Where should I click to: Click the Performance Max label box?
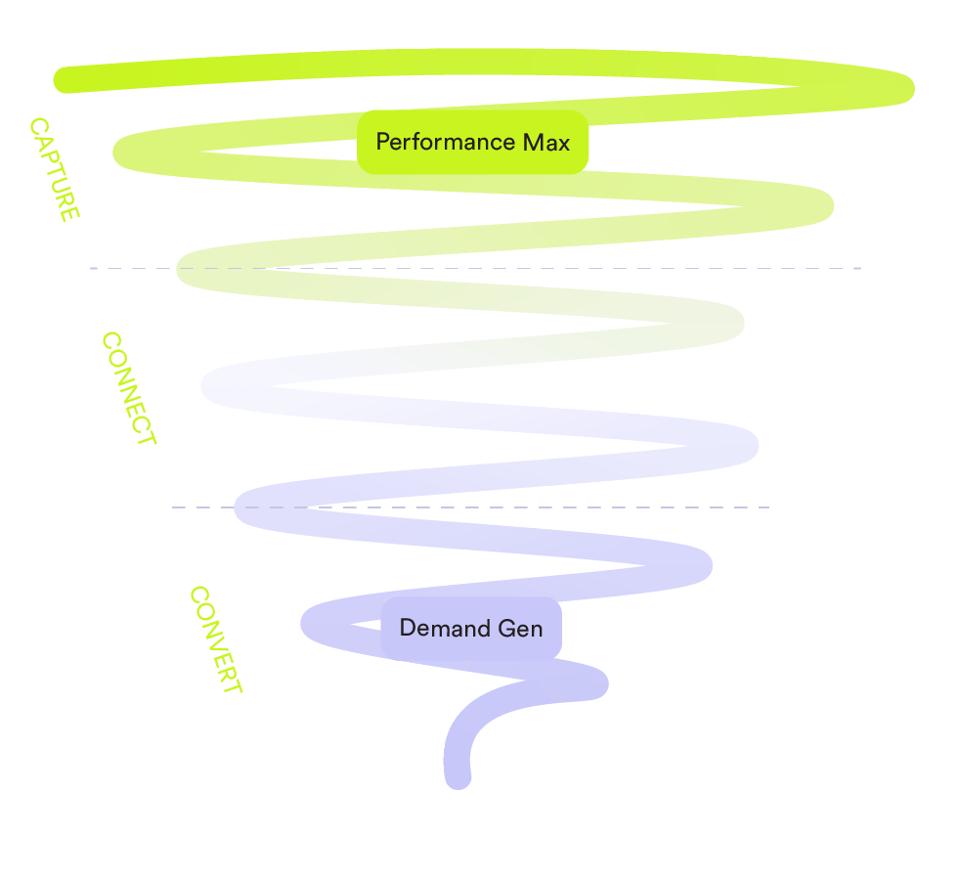(472, 142)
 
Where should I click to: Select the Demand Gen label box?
(471, 629)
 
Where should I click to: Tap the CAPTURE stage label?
(55, 169)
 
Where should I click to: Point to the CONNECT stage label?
(129, 388)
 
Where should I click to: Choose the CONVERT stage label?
(216, 639)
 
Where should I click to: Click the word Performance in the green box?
(445, 143)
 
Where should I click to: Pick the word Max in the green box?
(546, 143)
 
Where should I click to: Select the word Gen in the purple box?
(520, 629)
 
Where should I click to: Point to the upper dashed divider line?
(475, 268)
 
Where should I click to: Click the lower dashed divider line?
(470, 507)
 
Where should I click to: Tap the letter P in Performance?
(383, 142)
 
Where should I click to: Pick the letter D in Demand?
(408, 628)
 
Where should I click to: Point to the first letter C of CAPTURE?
(39, 127)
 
